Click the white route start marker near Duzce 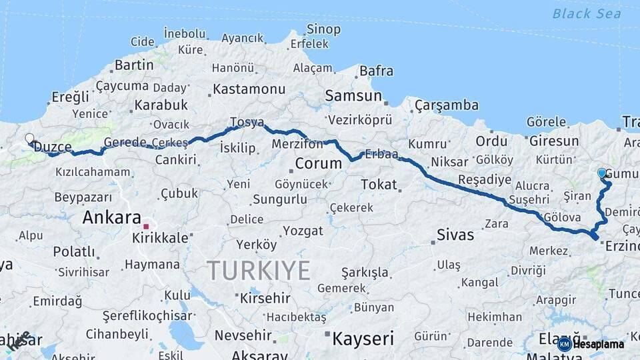pos(29,139)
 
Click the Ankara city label pos(111,217)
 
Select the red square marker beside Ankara pos(146,227)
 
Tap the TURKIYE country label pos(259,271)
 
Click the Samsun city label pos(353,96)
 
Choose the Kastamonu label pos(249,89)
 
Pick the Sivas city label pos(455,235)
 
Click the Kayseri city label pos(363,338)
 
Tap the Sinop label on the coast pos(323,29)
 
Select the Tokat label pos(379,184)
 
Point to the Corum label pos(318,163)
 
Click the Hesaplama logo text pos(599,344)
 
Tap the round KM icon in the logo pos(565,344)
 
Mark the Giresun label pos(554,141)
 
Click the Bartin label pos(134,65)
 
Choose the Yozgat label pos(303,231)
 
